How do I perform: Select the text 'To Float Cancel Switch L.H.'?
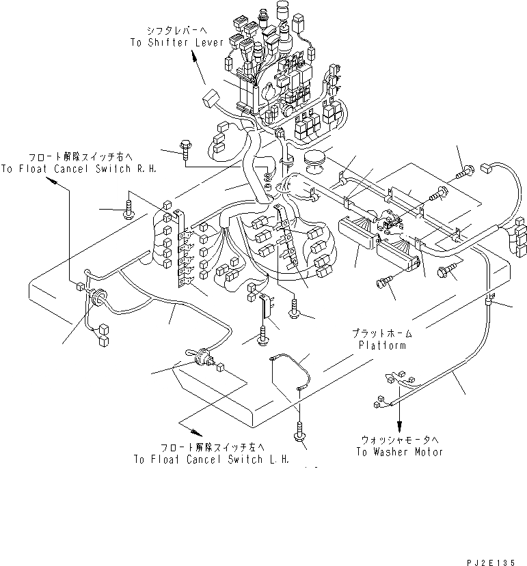click(213, 459)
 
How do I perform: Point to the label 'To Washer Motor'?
click(400, 452)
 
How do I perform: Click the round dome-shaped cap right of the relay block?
click(314, 159)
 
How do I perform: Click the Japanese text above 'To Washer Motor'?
click(400, 440)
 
